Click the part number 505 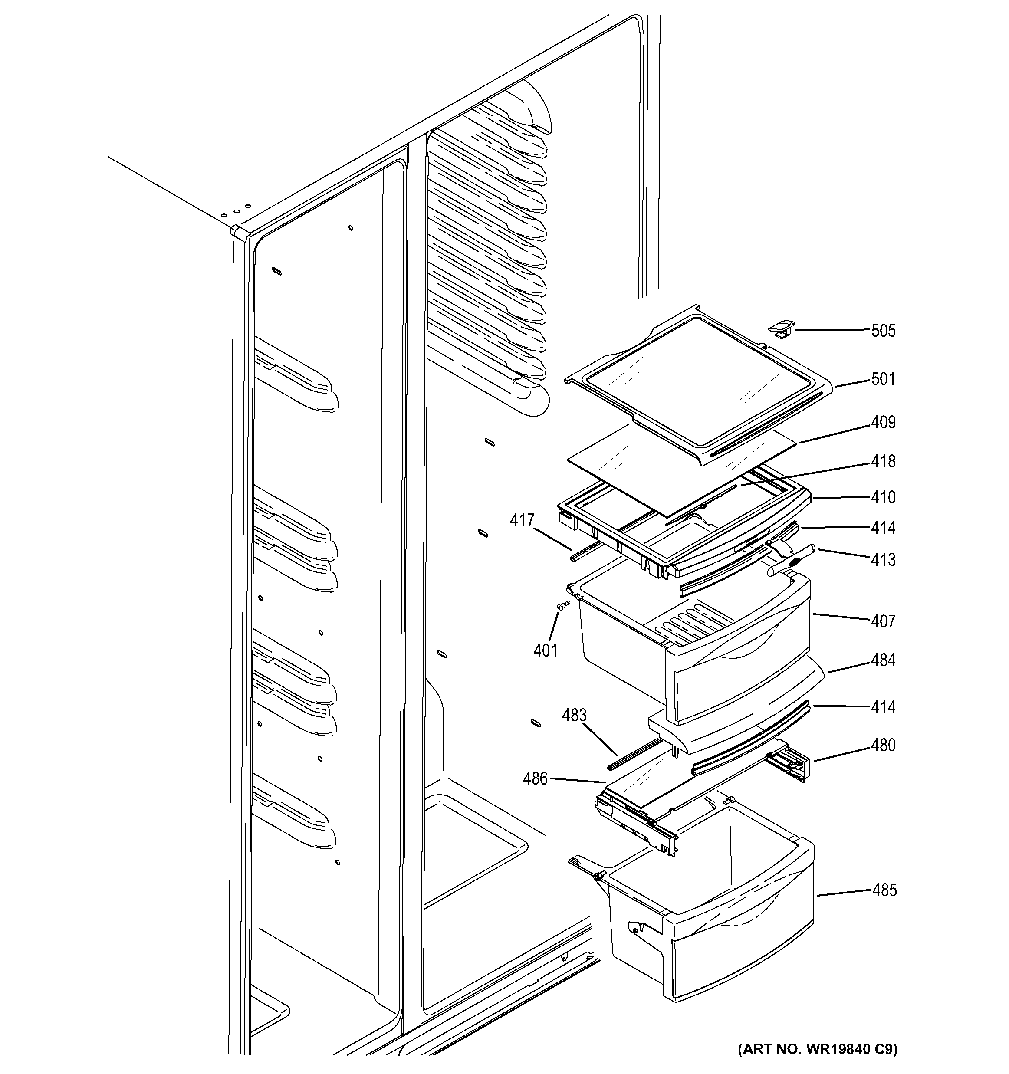[883, 331]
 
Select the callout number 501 [883, 379]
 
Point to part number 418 [883, 461]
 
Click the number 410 [883, 497]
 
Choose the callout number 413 [883, 560]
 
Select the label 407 [883, 621]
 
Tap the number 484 [883, 660]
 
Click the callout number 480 [883, 745]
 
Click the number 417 [523, 520]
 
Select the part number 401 [545, 650]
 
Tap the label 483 [574, 715]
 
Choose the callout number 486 [535, 778]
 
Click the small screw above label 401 [563, 606]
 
